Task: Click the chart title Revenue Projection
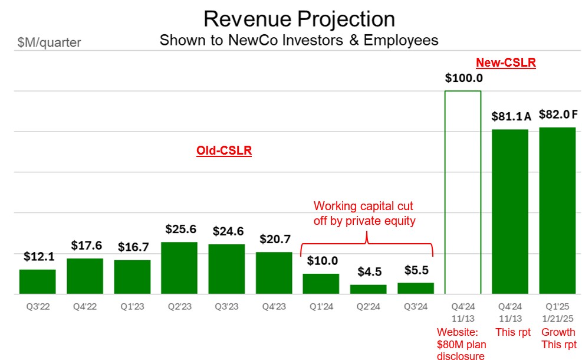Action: [299, 19]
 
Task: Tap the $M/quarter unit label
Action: [50, 42]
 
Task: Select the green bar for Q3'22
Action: [37, 282]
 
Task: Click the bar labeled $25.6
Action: [179, 268]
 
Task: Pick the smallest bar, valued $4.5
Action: [368, 289]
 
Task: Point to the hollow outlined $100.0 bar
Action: [462, 192]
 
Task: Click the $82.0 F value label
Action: [557, 114]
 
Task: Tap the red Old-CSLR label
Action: [224, 151]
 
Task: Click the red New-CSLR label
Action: [506, 63]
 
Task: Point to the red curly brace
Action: [367, 241]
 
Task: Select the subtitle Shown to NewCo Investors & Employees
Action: [299, 40]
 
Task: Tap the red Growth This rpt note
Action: [558, 338]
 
